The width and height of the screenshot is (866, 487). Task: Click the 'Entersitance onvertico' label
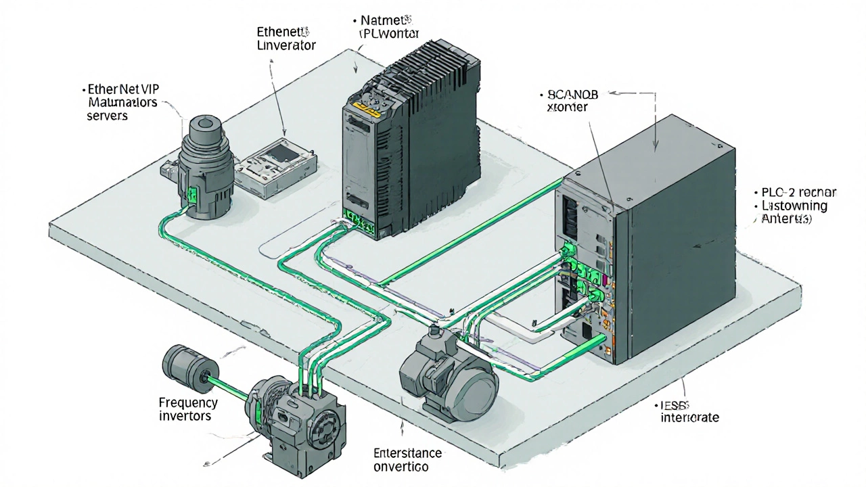(x=408, y=459)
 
